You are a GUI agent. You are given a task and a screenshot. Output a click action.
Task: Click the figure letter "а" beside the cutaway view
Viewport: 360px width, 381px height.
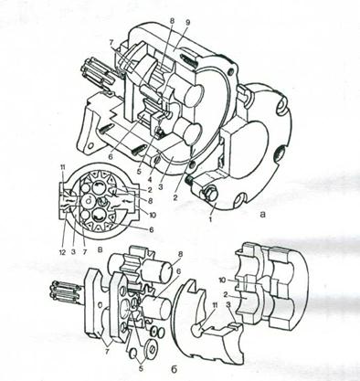[x=262, y=215]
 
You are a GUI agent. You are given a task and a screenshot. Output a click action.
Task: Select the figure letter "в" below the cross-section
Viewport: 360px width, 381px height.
[x=100, y=251]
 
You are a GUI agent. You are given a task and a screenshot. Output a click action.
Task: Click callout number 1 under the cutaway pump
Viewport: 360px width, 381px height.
[x=210, y=218]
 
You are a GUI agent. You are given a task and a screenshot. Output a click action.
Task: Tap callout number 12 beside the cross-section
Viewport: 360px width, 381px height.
[x=62, y=252]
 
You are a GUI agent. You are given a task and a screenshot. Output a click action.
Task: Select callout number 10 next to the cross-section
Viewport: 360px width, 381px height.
[x=153, y=215]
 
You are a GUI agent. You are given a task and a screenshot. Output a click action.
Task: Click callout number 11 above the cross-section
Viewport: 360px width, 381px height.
[x=62, y=167]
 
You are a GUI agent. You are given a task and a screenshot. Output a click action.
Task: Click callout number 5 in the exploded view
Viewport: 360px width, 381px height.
[x=140, y=368]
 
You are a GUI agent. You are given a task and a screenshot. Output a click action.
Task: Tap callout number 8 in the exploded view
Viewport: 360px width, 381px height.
[x=181, y=253]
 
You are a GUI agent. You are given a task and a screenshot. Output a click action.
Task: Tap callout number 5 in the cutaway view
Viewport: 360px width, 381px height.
[x=139, y=172]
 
